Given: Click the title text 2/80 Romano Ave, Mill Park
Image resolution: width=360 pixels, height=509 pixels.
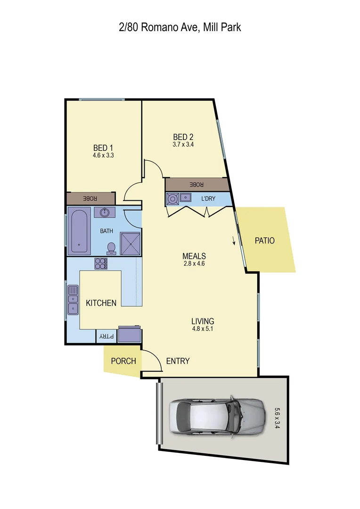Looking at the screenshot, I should pos(180,27).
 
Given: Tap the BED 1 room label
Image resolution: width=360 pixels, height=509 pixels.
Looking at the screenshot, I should pos(103,147).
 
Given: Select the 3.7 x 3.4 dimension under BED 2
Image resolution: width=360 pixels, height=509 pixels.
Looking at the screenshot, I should pos(183,145).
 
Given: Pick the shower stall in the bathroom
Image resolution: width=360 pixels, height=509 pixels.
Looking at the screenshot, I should pos(131,242).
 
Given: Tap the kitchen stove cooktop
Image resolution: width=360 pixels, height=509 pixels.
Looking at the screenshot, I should pos(101,263).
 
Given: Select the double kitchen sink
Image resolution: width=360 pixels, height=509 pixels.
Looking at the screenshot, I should pos(73,299).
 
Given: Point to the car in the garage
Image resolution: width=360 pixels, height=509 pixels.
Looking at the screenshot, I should pos(215,415).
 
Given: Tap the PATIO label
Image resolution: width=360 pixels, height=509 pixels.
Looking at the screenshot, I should pos(264,241).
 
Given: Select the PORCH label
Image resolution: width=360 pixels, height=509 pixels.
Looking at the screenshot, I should pos(123,361).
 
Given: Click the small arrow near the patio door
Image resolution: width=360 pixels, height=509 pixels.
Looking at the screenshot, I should pos(234,242).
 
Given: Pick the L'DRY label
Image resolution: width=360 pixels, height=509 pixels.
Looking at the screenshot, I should pos(208,199).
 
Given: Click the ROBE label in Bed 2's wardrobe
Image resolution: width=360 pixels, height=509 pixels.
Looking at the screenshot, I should pos(196,184).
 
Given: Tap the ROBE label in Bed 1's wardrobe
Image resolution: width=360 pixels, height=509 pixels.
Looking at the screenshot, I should pos(90,198).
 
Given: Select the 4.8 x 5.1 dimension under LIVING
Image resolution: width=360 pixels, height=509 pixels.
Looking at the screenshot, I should pos(203,329).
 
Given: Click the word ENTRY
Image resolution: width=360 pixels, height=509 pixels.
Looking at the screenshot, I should pos(178,361).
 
